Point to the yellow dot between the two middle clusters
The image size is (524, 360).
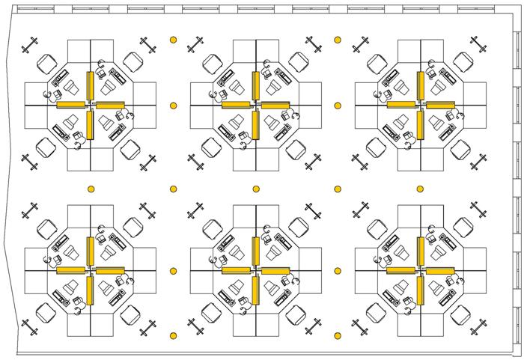pyautogui.click(x=256, y=189)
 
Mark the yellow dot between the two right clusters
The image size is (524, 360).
pyautogui.click(x=421, y=189)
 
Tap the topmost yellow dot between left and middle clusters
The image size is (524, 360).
pyautogui.click(x=173, y=39)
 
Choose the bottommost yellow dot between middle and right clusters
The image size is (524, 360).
pyautogui.click(x=338, y=335)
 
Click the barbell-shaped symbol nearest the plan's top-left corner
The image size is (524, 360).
pyautogui.click(x=31, y=46)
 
